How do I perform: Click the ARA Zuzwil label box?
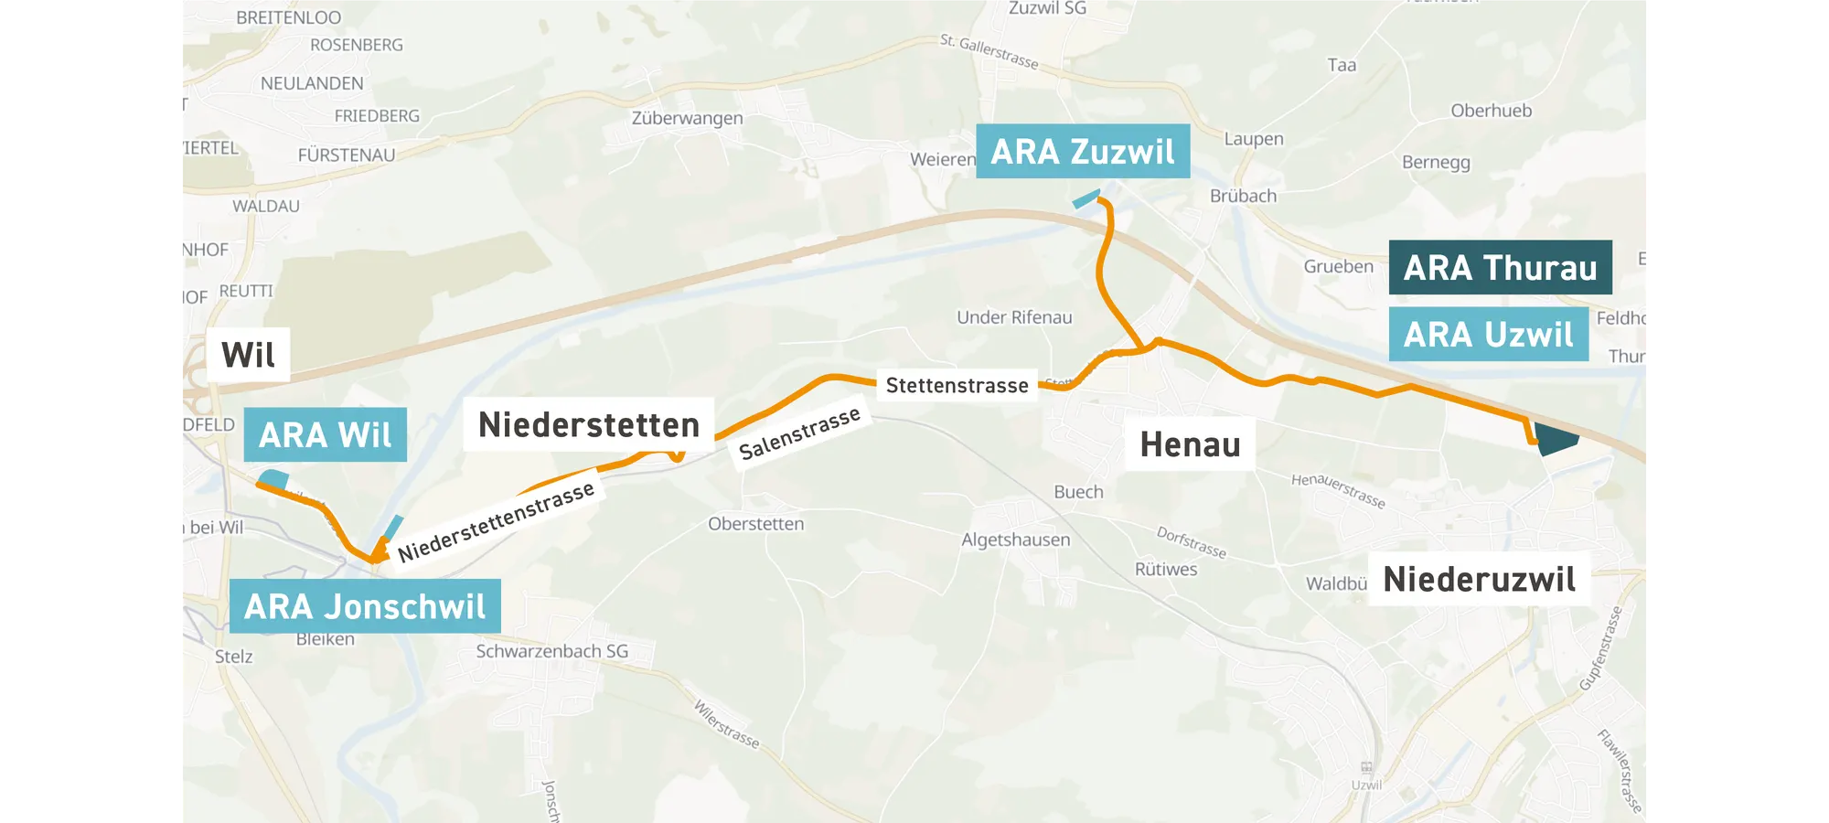click(x=1083, y=151)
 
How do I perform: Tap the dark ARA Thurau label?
click(x=1500, y=267)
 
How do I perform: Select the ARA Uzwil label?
click(x=1488, y=335)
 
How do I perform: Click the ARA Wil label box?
click(x=325, y=435)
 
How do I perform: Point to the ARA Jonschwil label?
click(x=365, y=606)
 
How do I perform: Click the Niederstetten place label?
click(x=588, y=424)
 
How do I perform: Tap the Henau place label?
click(x=1190, y=445)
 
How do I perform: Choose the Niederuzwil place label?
click(x=1479, y=579)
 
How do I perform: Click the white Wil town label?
click(x=248, y=355)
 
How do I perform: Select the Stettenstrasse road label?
click(x=957, y=385)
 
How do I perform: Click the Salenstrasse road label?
click(x=799, y=433)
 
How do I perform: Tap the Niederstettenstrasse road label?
click(x=496, y=522)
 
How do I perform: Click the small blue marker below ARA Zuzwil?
click(x=1086, y=198)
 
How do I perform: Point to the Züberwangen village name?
click(x=687, y=118)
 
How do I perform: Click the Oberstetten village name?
click(x=755, y=524)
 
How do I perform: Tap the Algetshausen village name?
click(x=1015, y=540)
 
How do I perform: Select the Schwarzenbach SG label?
click(x=551, y=651)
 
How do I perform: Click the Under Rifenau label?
click(x=1014, y=317)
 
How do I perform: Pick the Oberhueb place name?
click(x=1491, y=111)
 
